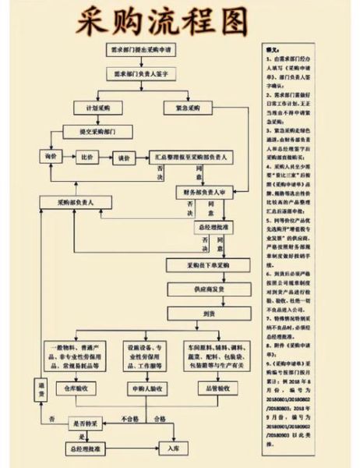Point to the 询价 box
coord(52,157)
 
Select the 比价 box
coord(89,157)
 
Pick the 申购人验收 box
coord(141,386)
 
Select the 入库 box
coord(173,448)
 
